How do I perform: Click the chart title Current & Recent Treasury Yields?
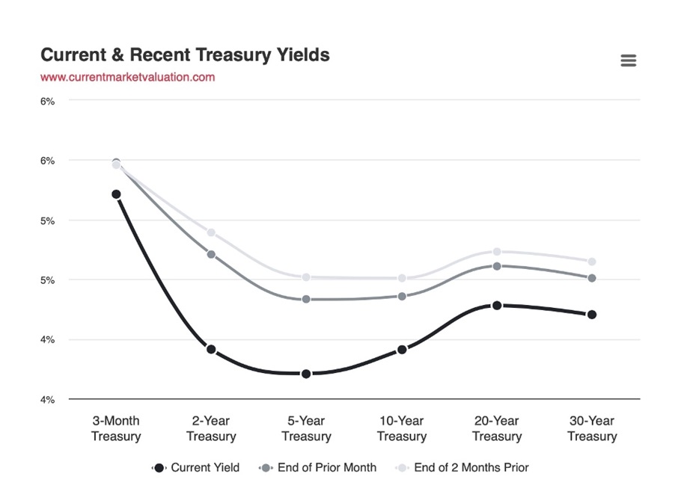pyautogui.click(x=185, y=55)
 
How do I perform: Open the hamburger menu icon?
pyautogui.click(x=629, y=61)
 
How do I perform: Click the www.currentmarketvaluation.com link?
pyautogui.click(x=127, y=77)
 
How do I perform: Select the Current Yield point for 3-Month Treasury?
pyautogui.click(x=116, y=194)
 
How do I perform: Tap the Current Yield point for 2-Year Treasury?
pyautogui.click(x=211, y=349)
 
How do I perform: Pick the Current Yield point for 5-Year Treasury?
pyautogui.click(x=306, y=374)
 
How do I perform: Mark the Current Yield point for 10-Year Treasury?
pyautogui.click(x=402, y=349)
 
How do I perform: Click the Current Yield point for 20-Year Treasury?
pyautogui.click(x=497, y=305)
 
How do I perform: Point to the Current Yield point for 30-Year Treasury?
pyautogui.click(x=592, y=315)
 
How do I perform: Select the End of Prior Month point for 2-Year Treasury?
pyautogui.click(x=211, y=254)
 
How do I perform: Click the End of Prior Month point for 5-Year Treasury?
pyautogui.click(x=306, y=299)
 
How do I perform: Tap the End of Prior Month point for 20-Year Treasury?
pyautogui.click(x=497, y=265)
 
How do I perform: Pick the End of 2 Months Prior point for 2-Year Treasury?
pyautogui.click(x=211, y=232)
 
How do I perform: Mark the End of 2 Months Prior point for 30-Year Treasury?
pyautogui.click(x=592, y=262)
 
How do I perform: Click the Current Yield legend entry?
pyautogui.click(x=196, y=468)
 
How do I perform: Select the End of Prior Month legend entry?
pyautogui.click(x=317, y=468)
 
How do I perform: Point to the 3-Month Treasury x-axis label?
pyautogui.click(x=116, y=428)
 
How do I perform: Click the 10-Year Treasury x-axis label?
pyautogui.click(x=402, y=428)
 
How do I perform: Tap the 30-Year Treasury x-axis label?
pyautogui.click(x=592, y=428)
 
